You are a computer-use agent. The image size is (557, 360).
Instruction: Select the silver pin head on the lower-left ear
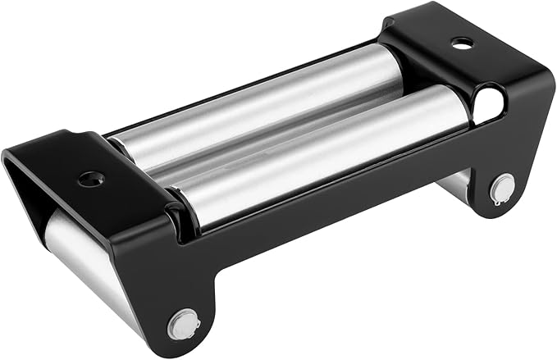pyautogui.click(x=183, y=323)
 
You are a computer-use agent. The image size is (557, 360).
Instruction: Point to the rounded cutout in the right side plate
pyautogui.click(x=488, y=104)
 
